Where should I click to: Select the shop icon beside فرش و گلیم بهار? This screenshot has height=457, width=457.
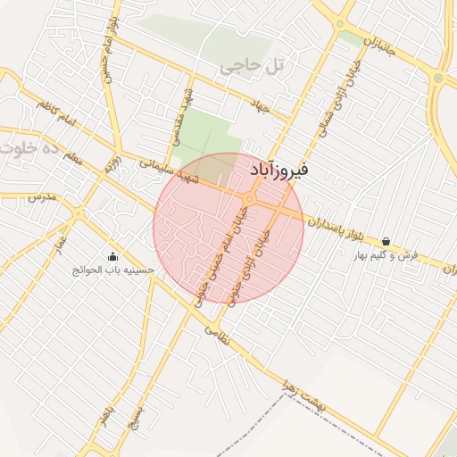[x=386, y=241]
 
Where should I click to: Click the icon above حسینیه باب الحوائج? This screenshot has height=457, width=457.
[x=112, y=256]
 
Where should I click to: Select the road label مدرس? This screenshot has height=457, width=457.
[x=40, y=196]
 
